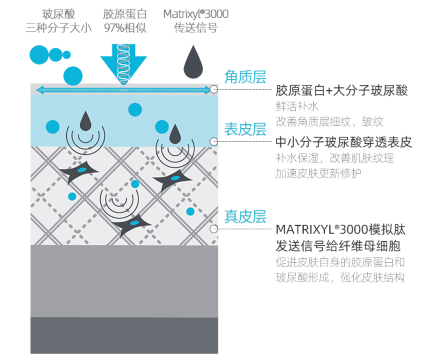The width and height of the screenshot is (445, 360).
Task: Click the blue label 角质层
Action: pyautogui.click(x=245, y=77)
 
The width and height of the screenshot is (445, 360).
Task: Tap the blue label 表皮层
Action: pyautogui.click(x=245, y=129)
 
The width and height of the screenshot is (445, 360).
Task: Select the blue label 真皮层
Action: pyautogui.click(x=245, y=216)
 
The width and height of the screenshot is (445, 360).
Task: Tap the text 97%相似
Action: pyautogui.click(x=124, y=28)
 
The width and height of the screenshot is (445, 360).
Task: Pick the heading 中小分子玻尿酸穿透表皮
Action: pyautogui.click(x=344, y=143)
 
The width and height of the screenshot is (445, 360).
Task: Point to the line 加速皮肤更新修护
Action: pyautogui.click(x=318, y=174)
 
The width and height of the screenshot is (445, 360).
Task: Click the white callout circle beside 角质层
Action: pyautogui.click(x=213, y=89)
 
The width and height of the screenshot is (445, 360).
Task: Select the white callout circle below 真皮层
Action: pyautogui.click(x=213, y=229)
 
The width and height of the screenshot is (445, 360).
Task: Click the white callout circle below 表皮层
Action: pyautogui.click(x=213, y=142)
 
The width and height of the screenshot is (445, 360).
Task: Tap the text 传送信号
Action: pyautogui.click(x=196, y=28)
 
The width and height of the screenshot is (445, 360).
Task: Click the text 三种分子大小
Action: pyautogui.click(x=59, y=28)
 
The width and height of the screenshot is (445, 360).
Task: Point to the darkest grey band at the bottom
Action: pyautogui.click(x=124, y=335)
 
